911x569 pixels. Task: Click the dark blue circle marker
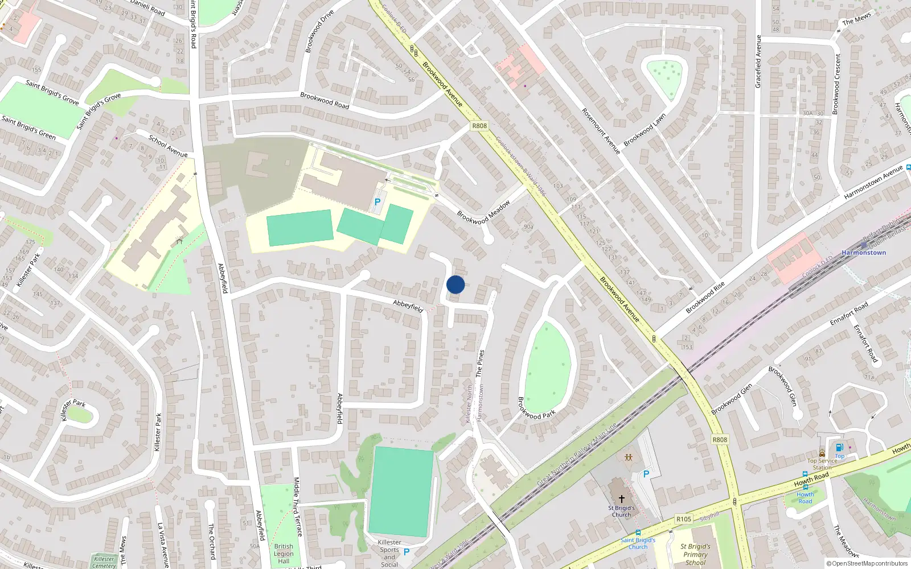[x=455, y=284]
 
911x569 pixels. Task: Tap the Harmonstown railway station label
[x=864, y=253]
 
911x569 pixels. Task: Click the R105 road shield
[x=684, y=519]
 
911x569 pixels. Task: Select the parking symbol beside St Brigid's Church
[x=646, y=474]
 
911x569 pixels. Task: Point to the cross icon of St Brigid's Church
[x=621, y=499]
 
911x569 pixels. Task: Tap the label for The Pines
[x=480, y=364]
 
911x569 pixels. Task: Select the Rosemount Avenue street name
[x=601, y=131]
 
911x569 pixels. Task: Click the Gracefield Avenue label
[x=758, y=61]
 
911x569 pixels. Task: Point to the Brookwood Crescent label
[x=837, y=84]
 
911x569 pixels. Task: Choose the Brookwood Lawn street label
[x=645, y=130]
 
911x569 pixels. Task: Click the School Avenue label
[x=168, y=146]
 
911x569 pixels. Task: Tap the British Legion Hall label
[x=284, y=554]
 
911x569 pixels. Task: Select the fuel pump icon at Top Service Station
[x=839, y=448]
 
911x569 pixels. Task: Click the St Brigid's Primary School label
[x=695, y=554]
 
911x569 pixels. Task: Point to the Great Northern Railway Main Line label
[x=577, y=454]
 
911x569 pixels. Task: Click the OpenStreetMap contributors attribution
[x=867, y=564]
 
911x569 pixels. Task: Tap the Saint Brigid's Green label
[x=28, y=128]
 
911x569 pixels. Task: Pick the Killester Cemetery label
[x=104, y=562]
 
